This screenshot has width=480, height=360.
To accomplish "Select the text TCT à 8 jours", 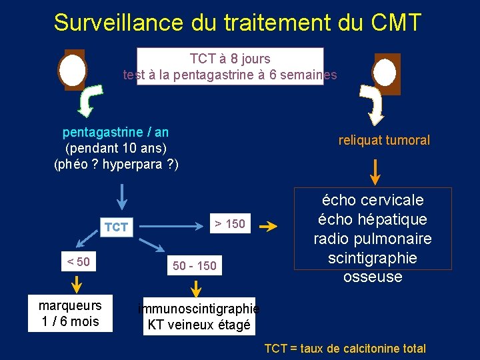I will (x=230, y=59).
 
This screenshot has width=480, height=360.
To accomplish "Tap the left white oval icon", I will (x=73, y=70).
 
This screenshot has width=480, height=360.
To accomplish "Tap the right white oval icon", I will (x=385, y=73).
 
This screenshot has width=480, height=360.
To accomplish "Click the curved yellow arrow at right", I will (x=371, y=104).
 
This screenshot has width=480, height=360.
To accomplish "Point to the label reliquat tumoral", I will (x=384, y=140).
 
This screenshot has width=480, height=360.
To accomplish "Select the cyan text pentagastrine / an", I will (x=115, y=132).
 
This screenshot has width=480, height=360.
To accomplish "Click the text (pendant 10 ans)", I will (x=115, y=147).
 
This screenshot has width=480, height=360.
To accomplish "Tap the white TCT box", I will (x=116, y=227).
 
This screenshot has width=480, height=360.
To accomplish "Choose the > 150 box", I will (x=229, y=224).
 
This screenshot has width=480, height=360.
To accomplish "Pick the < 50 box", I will (x=78, y=261).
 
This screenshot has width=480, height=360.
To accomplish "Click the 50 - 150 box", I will (x=195, y=266).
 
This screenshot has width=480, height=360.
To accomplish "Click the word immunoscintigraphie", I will (x=199, y=309).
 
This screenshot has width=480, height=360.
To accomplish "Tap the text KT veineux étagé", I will (x=199, y=325).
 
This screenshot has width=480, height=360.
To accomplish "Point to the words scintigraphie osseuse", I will (x=373, y=267).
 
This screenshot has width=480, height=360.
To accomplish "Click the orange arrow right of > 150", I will (x=268, y=227).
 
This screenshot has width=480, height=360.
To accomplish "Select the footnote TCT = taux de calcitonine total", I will (x=345, y=348).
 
